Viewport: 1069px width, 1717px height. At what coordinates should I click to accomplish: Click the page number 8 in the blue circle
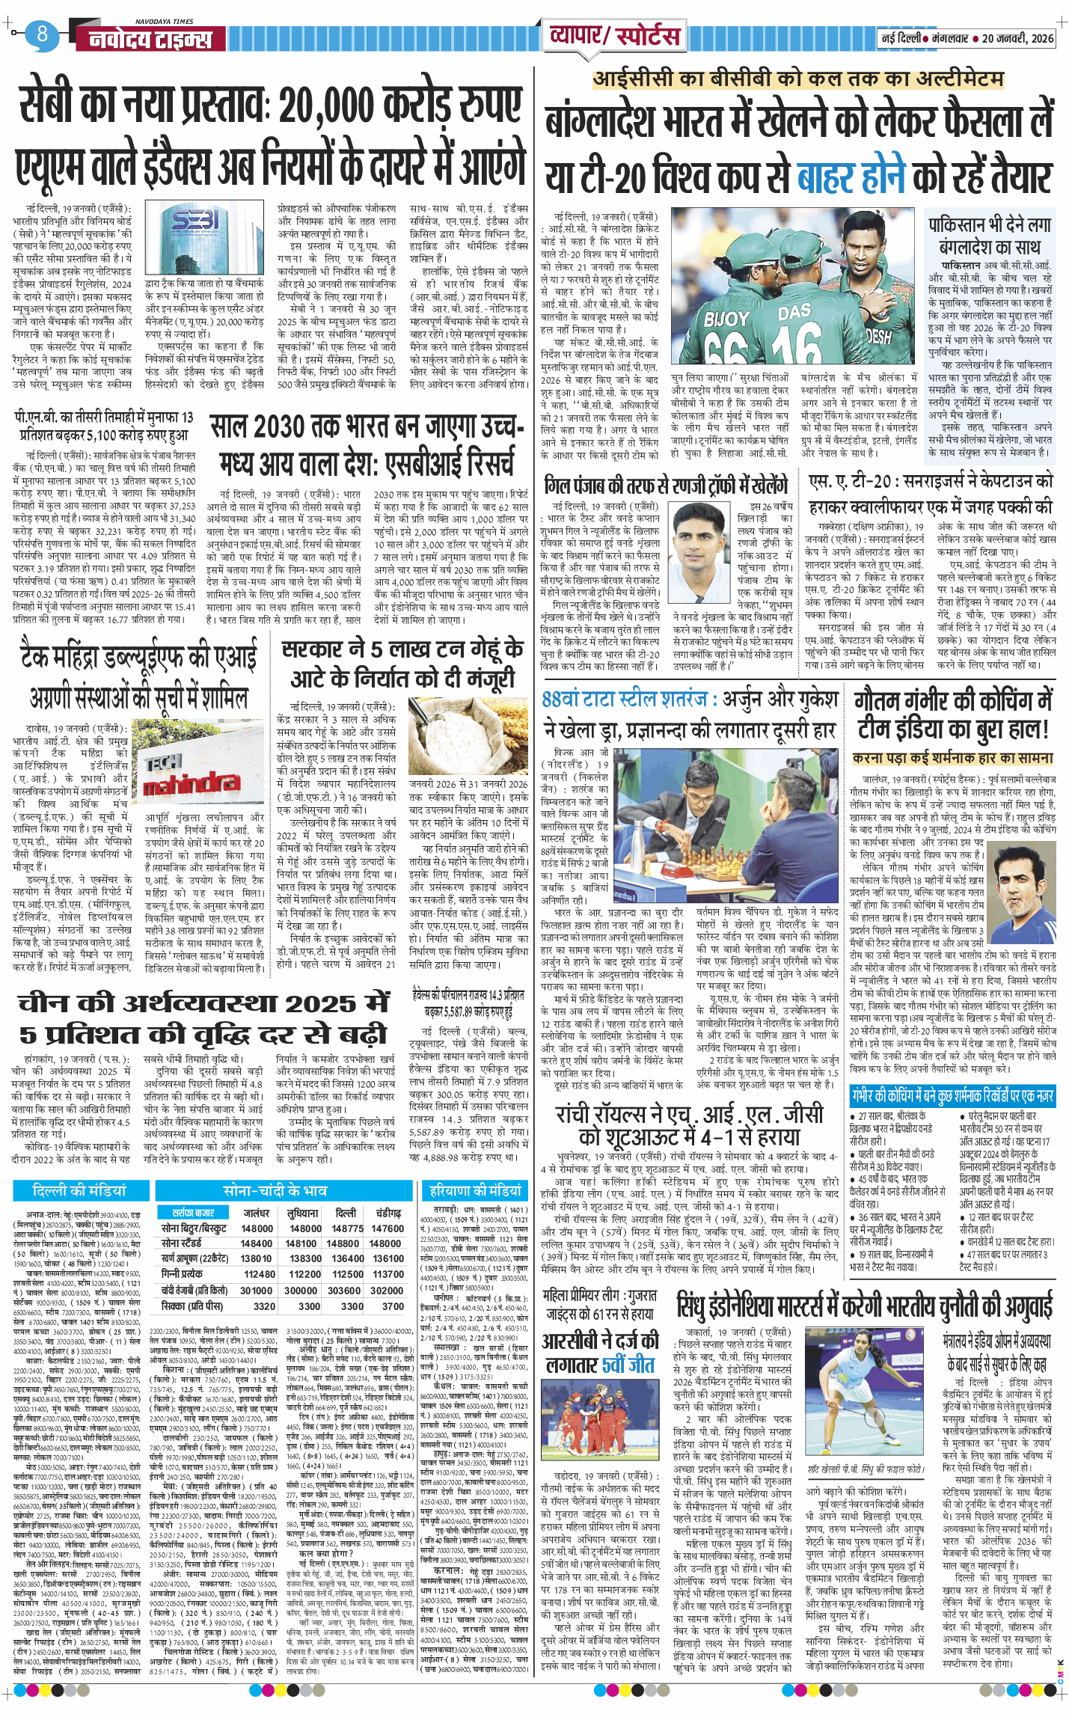point(41,33)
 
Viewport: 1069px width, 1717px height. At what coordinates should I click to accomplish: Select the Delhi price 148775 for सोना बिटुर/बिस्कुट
point(347,1228)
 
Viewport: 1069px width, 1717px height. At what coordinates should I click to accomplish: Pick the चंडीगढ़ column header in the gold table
point(388,1213)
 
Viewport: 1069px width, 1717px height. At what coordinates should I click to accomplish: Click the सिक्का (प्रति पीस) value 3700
point(393,1306)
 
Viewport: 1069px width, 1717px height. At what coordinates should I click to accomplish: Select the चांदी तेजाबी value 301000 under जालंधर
point(257,1291)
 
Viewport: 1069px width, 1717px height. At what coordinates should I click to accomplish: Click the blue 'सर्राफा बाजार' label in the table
point(193,1213)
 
